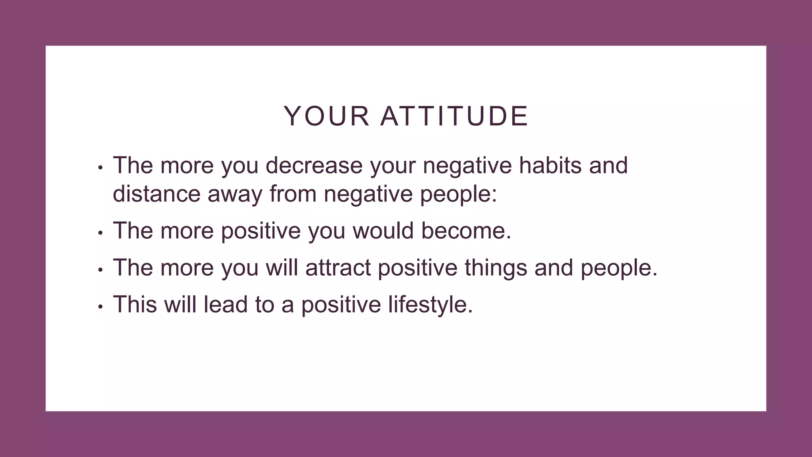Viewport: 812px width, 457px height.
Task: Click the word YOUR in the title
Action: pyautogui.click(x=326, y=116)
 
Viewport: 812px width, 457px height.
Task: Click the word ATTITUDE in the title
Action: pyautogui.click(x=454, y=116)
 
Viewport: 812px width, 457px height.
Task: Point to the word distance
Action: pyautogui.click(x=157, y=194)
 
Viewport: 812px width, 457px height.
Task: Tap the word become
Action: pyautogui.click(x=466, y=230)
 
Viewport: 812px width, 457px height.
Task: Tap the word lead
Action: pyautogui.click(x=226, y=304)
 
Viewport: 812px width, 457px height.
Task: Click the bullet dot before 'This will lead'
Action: pyautogui.click(x=101, y=307)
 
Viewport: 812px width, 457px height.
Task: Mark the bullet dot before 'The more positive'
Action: pyautogui.click(x=101, y=233)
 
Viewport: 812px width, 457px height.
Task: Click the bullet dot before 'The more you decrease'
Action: pyautogui.click(x=101, y=168)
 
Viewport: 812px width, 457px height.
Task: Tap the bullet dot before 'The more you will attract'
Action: pyautogui.click(x=101, y=270)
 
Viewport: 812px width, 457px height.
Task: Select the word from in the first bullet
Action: pyautogui.click(x=293, y=194)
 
